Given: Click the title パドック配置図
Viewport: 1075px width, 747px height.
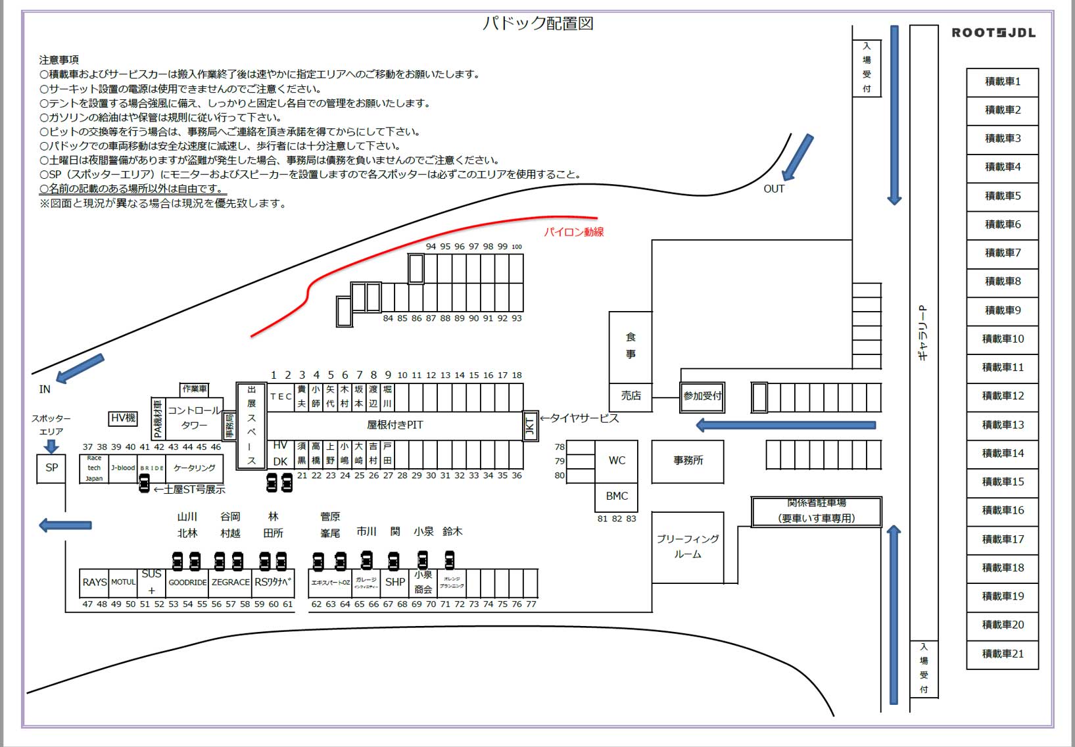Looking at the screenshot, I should (538, 24).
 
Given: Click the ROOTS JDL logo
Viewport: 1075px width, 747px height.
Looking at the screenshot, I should (993, 33).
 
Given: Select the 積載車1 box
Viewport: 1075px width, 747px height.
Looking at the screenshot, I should (1002, 82).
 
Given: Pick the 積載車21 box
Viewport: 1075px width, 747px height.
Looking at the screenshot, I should (1002, 654).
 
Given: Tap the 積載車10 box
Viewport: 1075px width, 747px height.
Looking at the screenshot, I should (1002, 339).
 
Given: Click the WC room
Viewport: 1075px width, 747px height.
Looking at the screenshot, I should (616, 460).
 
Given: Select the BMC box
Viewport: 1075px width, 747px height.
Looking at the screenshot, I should (616, 496).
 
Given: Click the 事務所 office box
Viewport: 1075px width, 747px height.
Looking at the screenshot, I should (687, 460).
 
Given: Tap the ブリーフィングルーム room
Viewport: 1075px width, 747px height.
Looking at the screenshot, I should (687, 546).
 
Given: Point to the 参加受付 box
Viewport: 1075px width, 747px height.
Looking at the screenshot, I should (702, 397).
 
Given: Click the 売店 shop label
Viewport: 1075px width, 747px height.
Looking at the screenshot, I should (631, 396).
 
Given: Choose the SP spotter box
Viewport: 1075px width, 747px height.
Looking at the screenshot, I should (51, 468).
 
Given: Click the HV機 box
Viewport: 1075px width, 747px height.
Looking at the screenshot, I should (123, 418).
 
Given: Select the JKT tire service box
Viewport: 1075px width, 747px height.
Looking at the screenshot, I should (530, 427).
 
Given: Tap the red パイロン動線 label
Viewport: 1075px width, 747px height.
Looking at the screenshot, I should (573, 232).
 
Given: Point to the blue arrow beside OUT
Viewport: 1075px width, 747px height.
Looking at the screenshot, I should (798, 157).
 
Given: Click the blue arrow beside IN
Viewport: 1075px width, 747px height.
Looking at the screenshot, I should (80, 368).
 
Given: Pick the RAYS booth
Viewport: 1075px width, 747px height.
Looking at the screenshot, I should (94, 582).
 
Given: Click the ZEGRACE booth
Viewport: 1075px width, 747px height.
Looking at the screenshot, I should (230, 582).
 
